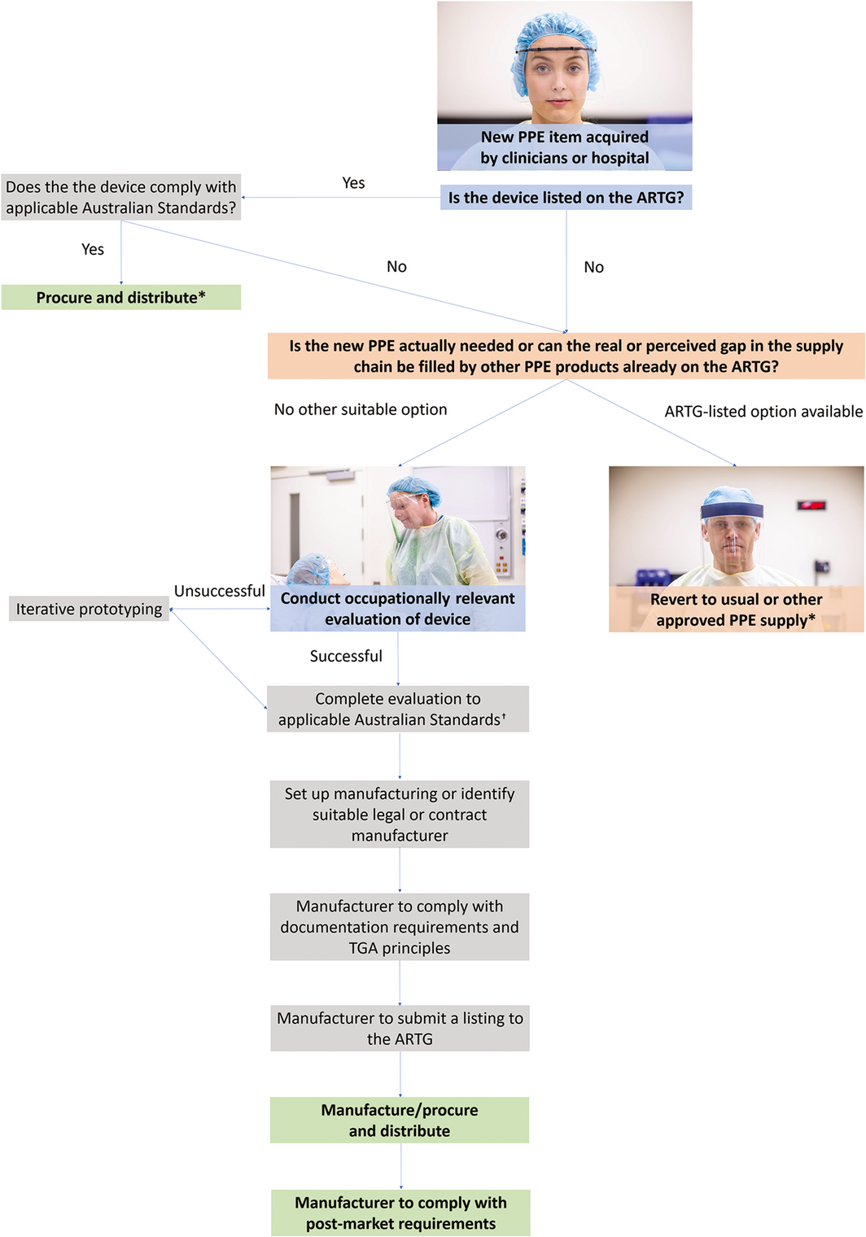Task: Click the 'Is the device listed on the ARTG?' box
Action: (x=566, y=198)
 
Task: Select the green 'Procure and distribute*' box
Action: (x=120, y=298)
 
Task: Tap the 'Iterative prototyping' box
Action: (x=89, y=610)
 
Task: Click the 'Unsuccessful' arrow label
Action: (x=219, y=592)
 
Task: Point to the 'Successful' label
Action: (x=346, y=656)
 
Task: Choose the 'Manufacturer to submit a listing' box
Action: (x=400, y=1029)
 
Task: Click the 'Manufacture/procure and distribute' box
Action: (x=400, y=1121)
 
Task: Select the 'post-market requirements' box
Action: (x=400, y=1213)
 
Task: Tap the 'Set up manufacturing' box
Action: (x=400, y=815)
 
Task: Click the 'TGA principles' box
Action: (x=400, y=927)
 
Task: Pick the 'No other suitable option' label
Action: (x=361, y=409)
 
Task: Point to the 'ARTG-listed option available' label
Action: (x=763, y=412)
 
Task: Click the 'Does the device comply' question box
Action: (x=120, y=198)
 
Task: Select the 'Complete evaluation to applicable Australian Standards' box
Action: (x=398, y=709)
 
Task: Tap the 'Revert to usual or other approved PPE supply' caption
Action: (x=736, y=610)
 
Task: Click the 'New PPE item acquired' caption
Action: (x=565, y=147)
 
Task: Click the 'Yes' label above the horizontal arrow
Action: (x=353, y=183)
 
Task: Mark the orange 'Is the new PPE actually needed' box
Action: (x=566, y=356)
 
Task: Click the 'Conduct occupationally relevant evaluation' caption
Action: (x=397, y=609)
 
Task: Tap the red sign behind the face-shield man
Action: (x=812, y=505)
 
